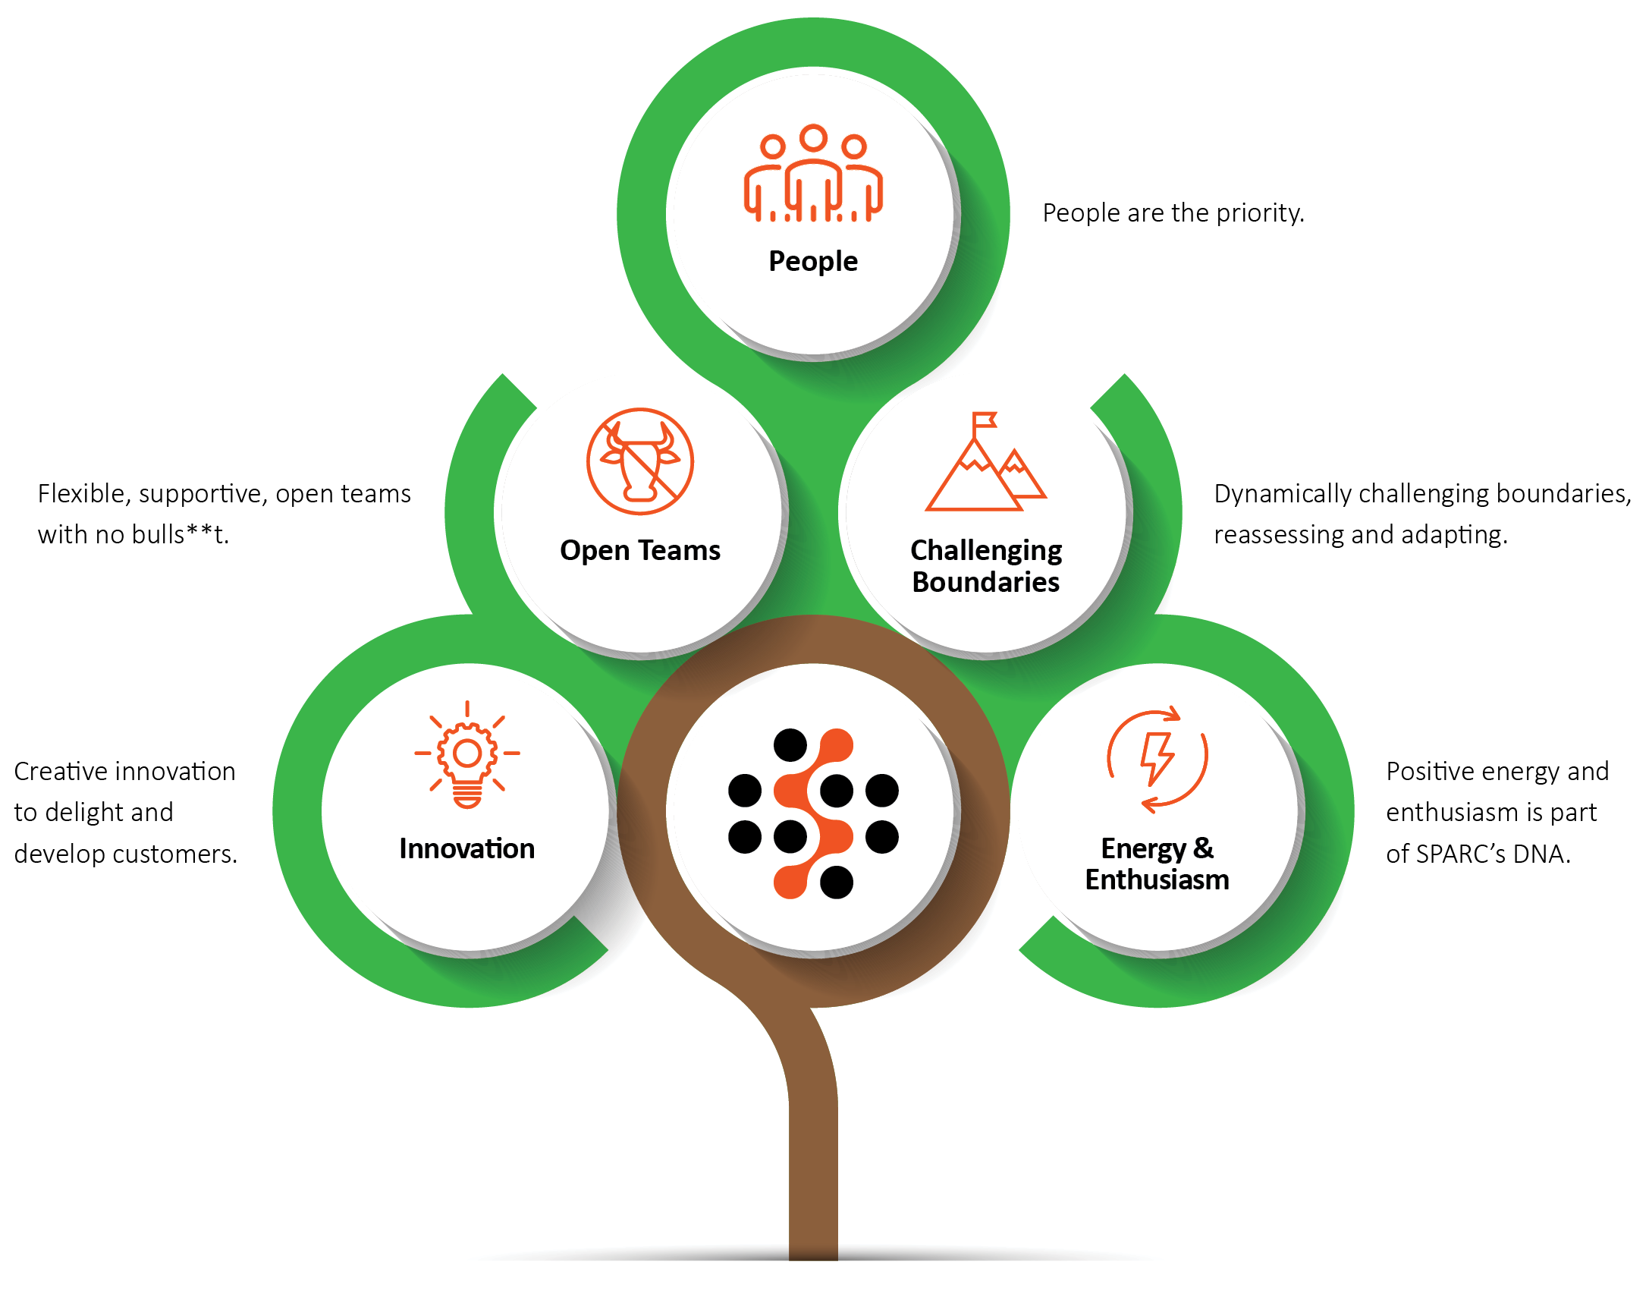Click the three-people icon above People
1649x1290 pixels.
click(813, 175)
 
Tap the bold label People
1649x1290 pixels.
click(813, 261)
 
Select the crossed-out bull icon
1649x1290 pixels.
click(640, 461)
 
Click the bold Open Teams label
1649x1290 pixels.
click(640, 550)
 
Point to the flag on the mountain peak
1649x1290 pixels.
click(985, 420)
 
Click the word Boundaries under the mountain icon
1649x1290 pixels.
click(985, 582)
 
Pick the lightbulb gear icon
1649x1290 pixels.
click(467, 755)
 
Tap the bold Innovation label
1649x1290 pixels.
click(467, 848)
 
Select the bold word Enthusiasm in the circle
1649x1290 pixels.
click(1157, 879)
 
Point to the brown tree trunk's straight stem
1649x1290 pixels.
click(813, 1176)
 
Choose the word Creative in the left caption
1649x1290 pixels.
click(61, 772)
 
